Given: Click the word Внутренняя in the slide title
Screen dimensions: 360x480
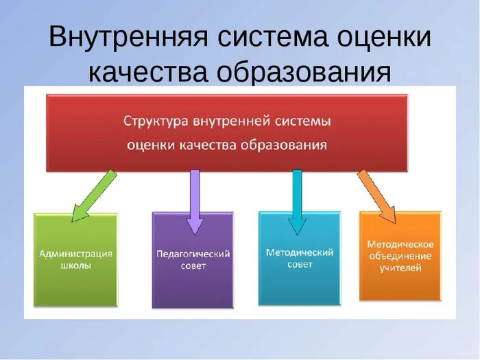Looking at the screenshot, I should pyautogui.click(x=123, y=37).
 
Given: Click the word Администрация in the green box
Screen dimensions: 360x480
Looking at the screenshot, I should pyautogui.click(x=75, y=254).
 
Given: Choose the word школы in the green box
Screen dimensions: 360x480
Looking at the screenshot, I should pyautogui.click(x=75, y=266).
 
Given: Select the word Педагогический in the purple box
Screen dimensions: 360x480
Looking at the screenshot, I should pyautogui.click(x=194, y=254).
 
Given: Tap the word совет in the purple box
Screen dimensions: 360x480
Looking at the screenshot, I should pyautogui.click(x=194, y=266).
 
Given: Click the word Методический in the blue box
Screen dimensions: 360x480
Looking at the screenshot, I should pyautogui.click(x=299, y=252).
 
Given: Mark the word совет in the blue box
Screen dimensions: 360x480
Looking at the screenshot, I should pyautogui.click(x=299, y=265).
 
